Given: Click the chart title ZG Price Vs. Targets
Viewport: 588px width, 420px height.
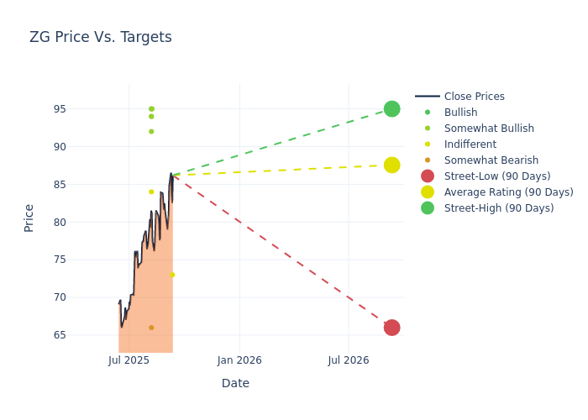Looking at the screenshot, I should (100, 37).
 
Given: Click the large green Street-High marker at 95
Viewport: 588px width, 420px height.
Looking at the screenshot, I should (391, 109).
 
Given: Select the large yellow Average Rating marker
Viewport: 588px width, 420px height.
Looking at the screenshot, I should (391, 165).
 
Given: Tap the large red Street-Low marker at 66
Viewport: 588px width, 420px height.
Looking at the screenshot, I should (391, 328).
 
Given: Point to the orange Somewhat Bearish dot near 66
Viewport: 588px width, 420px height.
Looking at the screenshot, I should (151, 328).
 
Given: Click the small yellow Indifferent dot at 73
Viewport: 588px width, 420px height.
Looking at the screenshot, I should (172, 275).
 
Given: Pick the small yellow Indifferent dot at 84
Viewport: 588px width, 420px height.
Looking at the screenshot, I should (151, 192).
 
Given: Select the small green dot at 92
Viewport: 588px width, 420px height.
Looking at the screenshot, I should (151, 131).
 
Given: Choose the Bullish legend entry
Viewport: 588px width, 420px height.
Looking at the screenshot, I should (460, 113).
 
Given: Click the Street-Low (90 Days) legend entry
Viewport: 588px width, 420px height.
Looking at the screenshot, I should (496, 176).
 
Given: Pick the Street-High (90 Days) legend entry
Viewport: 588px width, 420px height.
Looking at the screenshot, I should (498, 208).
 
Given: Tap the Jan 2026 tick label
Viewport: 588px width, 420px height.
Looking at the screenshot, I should (239, 360).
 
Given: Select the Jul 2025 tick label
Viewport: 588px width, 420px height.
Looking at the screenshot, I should (129, 360).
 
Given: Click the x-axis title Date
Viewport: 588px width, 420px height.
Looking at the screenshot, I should (235, 383).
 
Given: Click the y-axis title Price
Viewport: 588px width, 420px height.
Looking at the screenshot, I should (29, 218).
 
